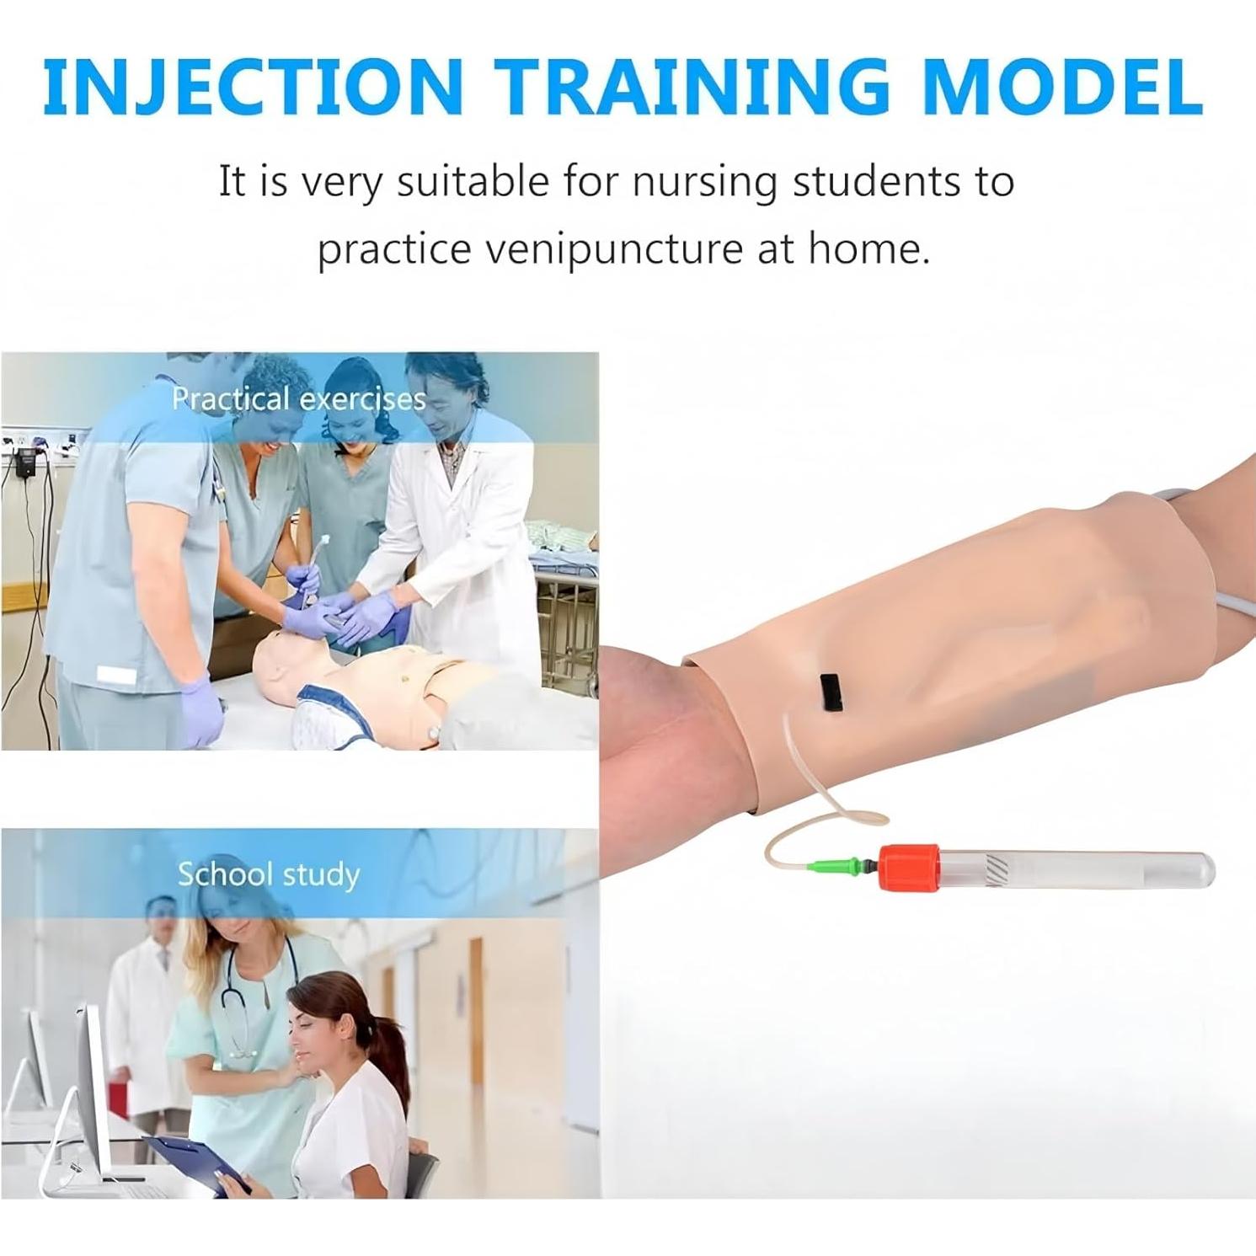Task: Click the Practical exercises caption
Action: point(299,398)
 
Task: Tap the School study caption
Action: point(268,874)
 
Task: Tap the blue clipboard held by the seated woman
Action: point(197,1159)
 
